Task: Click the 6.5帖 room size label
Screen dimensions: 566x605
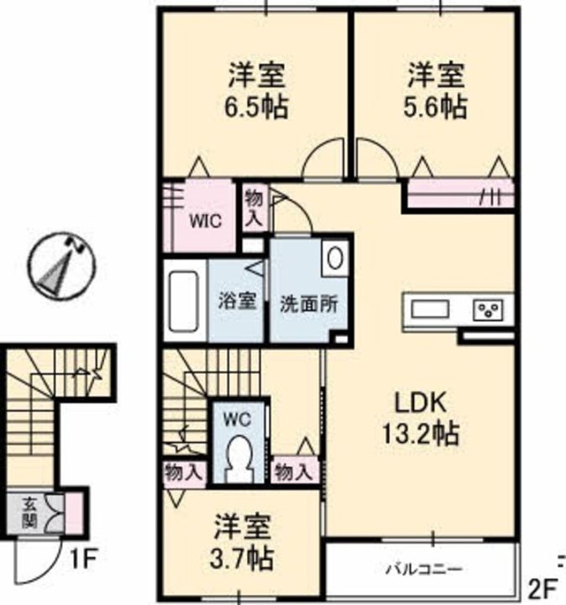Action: (x=256, y=107)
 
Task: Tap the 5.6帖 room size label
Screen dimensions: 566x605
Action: (x=436, y=107)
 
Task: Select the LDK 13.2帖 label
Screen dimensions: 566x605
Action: (x=420, y=418)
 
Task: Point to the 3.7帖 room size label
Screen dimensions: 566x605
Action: (x=242, y=558)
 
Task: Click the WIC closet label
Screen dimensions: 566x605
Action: (x=205, y=222)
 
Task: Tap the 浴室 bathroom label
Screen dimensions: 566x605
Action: (x=237, y=301)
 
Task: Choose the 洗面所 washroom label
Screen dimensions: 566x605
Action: (x=309, y=304)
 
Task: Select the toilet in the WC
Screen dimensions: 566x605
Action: (x=239, y=459)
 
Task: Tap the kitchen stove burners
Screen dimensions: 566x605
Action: (x=488, y=309)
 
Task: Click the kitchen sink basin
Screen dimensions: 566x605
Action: (x=430, y=309)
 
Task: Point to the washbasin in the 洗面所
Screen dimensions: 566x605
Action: (x=335, y=258)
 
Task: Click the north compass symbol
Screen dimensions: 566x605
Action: (x=61, y=266)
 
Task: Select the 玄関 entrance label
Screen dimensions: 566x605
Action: (x=29, y=513)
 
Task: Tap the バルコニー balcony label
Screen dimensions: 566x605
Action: (x=424, y=569)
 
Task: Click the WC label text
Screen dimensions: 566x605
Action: (x=237, y=419)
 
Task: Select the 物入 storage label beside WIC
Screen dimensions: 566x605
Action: (x=254, y=208)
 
